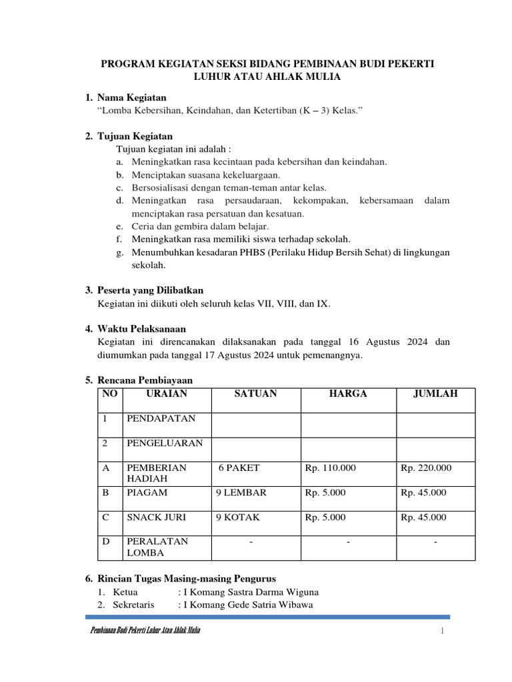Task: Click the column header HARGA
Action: pos(348,394)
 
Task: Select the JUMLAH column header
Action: pos(435,394)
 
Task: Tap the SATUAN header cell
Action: pos(255,394)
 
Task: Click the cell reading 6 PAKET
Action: pos(238,468)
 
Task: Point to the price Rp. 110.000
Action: pos(331,468)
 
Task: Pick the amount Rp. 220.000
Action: pos(426,468)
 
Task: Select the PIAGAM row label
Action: pos(147,493)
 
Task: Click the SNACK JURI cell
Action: pos(156,517)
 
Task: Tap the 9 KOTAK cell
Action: pos(237,517)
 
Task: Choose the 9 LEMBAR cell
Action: pos(241,493)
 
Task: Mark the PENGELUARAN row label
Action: pos(165,443)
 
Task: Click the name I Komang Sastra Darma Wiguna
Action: pos(246,591)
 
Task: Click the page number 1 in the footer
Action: pos(441,631)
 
